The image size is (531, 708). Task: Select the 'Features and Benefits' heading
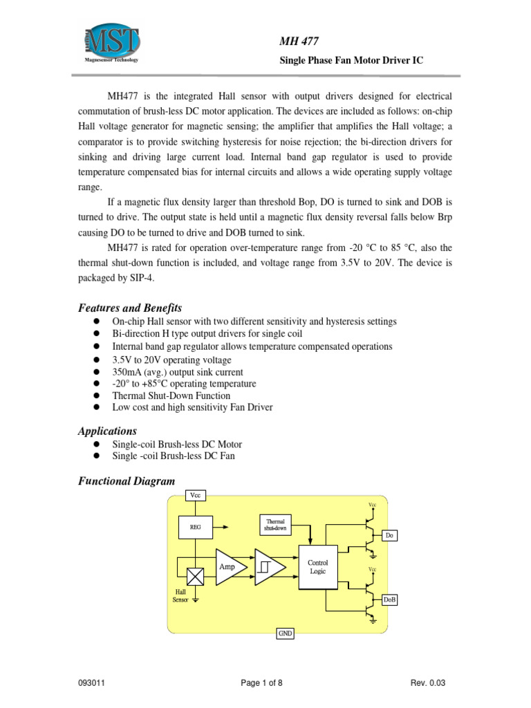[x=130, y=308]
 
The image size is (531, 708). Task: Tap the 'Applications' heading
[x=107, y=431]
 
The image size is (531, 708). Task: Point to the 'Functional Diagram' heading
[x=127, y=481]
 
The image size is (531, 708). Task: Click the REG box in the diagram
[x=196, y=526]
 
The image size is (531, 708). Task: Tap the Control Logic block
[x=318, y=567]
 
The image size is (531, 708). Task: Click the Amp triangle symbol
[x=230, y=566]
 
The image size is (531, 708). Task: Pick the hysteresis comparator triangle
[x=268, y=566]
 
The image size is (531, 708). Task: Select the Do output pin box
[x=390, y=536]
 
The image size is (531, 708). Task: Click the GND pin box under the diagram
[x=285, y=633]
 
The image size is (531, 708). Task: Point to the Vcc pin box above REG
[x=196, y=495]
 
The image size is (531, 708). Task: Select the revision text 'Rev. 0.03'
[x=428, y=683]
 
